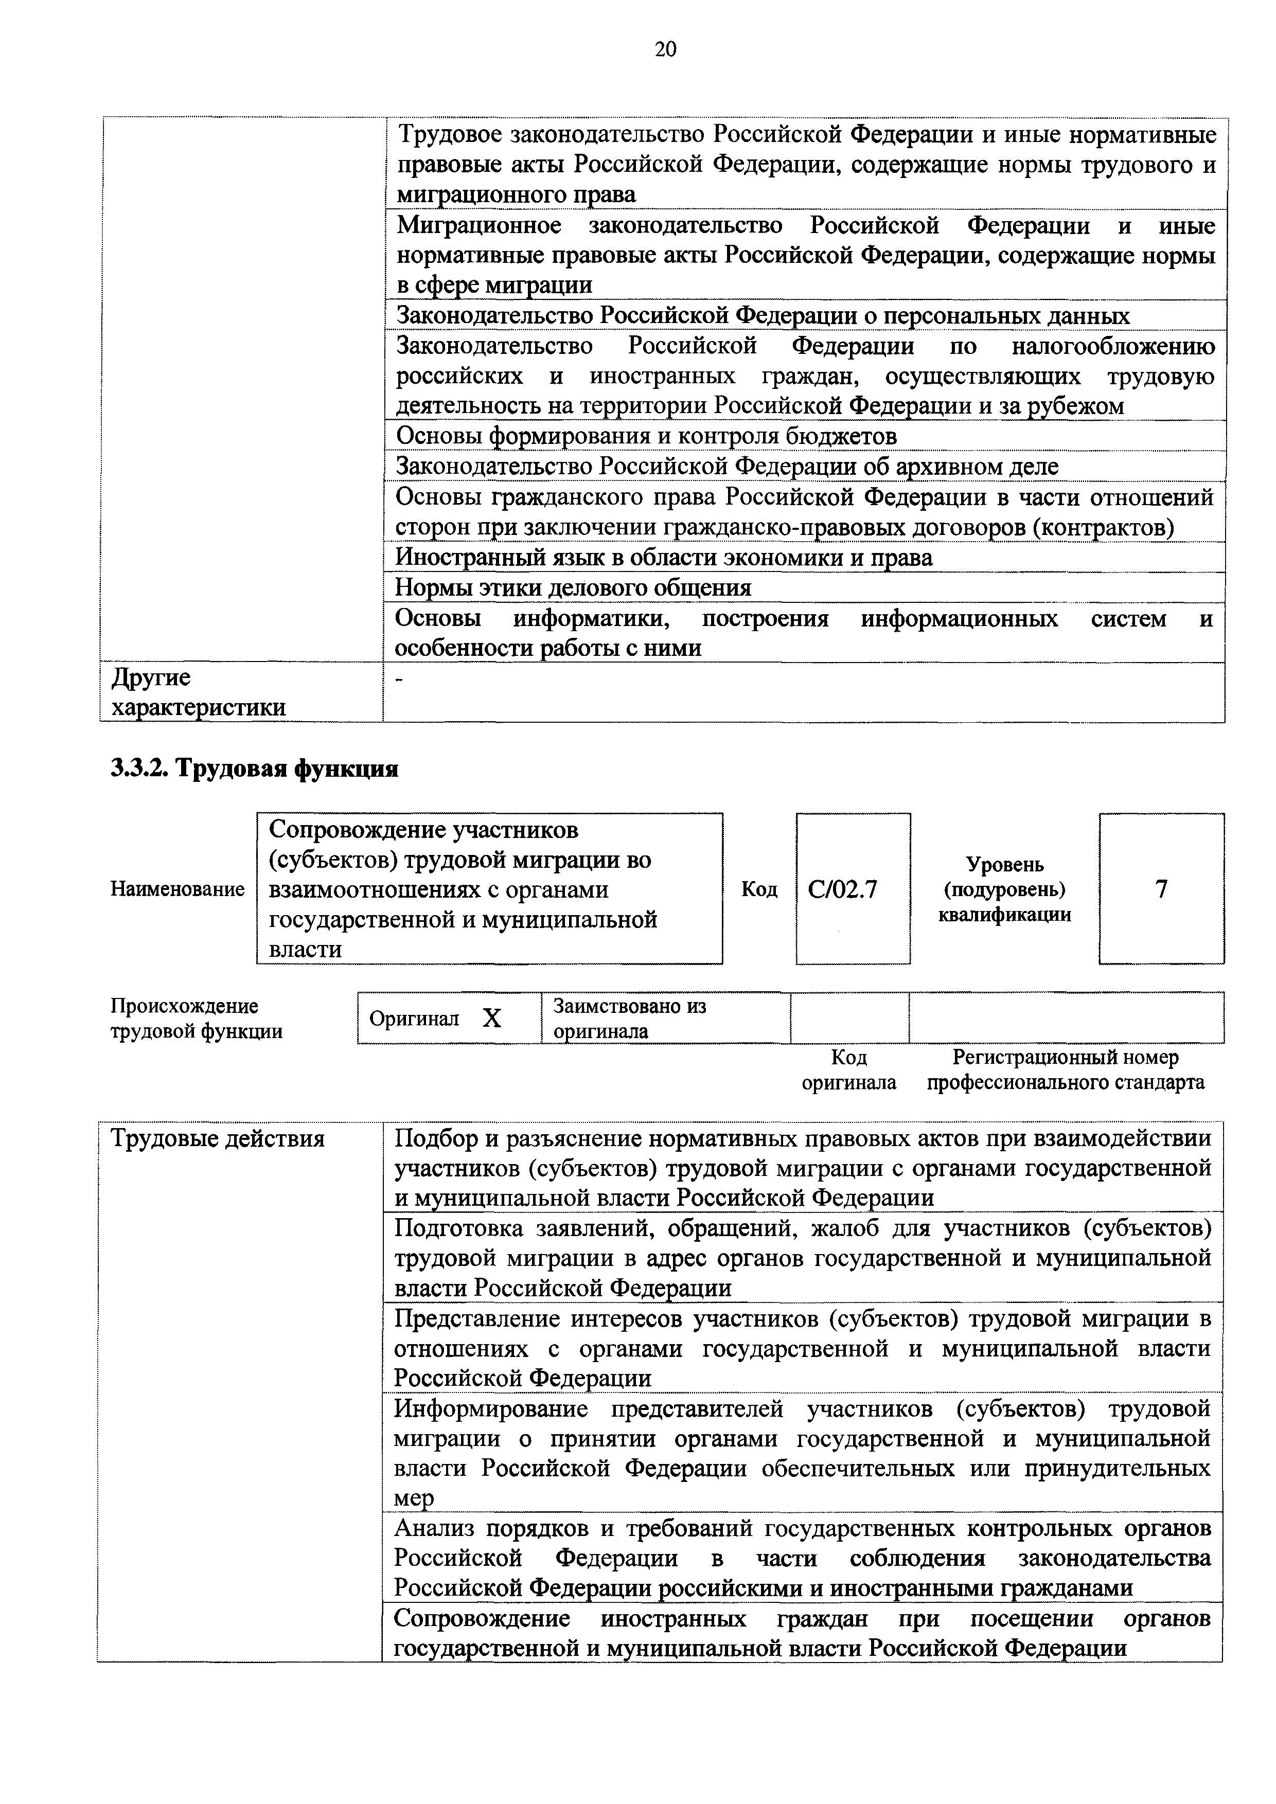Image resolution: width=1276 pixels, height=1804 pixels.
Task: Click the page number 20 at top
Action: coord(665,49)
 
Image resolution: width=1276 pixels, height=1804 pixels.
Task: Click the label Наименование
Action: coord(178,889)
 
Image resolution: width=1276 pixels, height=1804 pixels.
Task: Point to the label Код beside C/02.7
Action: coord(759,889)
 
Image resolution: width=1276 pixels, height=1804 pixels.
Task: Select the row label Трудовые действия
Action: coord(218,1138)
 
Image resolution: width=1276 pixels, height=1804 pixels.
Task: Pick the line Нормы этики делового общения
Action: coord(573,588)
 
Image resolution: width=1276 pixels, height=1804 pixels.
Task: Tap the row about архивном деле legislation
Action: coord(727,467)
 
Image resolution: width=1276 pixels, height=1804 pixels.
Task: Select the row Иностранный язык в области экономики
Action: coord(663,557)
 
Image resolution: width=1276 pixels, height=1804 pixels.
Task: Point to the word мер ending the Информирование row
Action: coord(413,1498)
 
